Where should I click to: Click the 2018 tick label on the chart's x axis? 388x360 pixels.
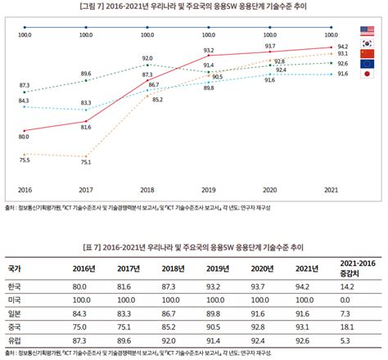147,187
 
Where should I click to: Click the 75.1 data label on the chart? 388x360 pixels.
85,162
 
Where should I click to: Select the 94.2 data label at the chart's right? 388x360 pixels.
343,47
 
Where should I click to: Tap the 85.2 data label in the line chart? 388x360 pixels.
157,100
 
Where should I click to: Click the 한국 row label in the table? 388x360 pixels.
15,287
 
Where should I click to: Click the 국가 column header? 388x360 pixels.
15,268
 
